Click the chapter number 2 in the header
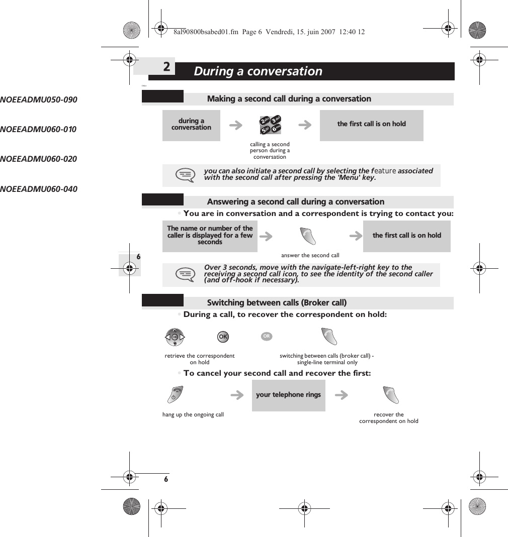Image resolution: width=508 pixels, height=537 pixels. click(x=166, y=67)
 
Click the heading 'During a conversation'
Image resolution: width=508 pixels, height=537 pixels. click(x=258, y=71)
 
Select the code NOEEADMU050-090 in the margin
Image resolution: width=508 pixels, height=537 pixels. click(x=39, y=100)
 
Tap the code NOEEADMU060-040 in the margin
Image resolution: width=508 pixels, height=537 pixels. click(x=39, y=189)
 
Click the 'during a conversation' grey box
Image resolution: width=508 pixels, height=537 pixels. click(x=191, y=125)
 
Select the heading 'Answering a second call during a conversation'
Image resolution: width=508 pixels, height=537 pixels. click(x=295, y=202)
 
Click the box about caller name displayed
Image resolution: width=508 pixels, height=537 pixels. click(x=210, y=236)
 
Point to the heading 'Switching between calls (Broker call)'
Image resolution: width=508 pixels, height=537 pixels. click(x=277, y=303)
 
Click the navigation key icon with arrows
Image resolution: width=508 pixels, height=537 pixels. click(x=175, y=337)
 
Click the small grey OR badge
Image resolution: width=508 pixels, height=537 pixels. click(x=266, y=336)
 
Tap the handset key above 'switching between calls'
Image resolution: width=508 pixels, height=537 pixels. click(x=329, y=337)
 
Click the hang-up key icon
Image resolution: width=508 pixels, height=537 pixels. click(x=176, y=395)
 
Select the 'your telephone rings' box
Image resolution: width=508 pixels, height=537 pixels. click(x=288, y=395)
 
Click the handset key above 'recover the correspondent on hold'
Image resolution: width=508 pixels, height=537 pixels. click(x=390, y=395)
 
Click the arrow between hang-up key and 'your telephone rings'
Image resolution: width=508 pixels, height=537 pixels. click(x=236, y=396)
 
